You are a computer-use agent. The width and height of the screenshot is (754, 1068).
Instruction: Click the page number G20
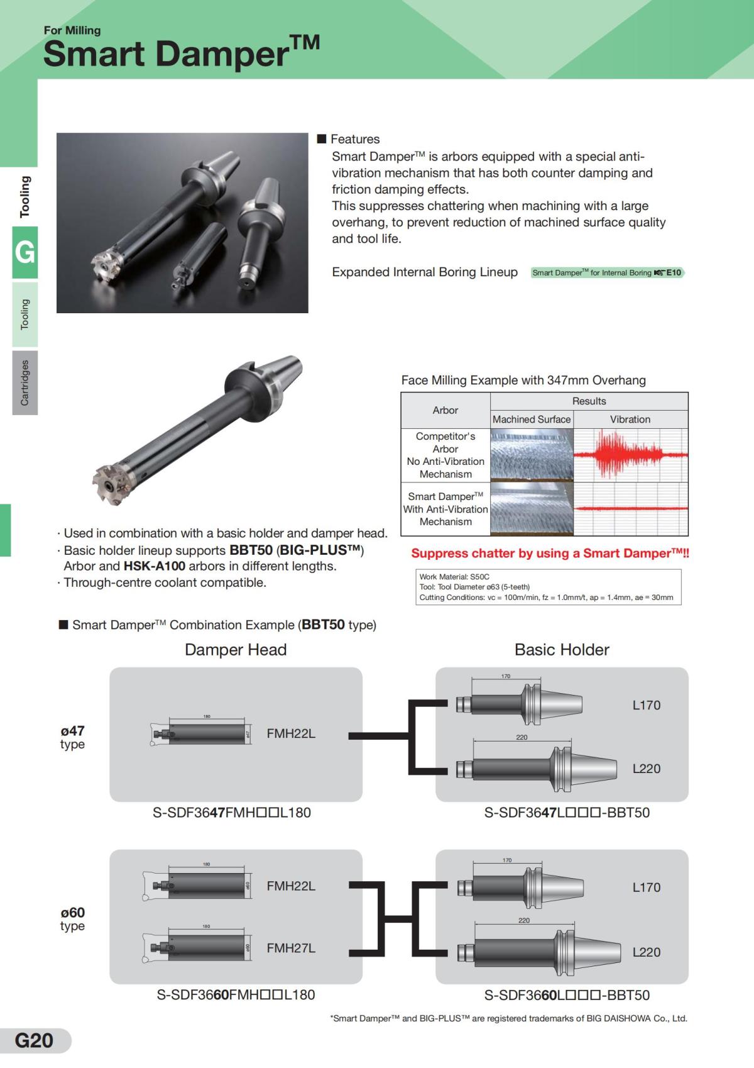tap(34, 1040)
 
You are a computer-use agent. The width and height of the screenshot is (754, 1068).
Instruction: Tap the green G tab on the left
tap(25, 252)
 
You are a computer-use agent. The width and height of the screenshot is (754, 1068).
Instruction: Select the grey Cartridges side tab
tap(25, 382)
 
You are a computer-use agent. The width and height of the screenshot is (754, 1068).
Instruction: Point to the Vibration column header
tap(630, 420)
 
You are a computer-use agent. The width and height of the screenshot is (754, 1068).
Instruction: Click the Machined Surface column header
tap(532, 420)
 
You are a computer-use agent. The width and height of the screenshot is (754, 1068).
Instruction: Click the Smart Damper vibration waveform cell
tap(630, 508)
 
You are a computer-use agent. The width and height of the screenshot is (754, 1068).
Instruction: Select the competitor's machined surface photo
tap(532, 455)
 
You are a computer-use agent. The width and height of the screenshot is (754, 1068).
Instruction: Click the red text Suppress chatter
tap(550, 553)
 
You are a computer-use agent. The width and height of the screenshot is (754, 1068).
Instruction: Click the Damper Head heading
tap(236, 650)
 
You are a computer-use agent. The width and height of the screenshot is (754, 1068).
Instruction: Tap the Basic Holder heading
tap(562, 650)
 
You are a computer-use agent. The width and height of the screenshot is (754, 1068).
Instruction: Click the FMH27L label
tap(291, 948)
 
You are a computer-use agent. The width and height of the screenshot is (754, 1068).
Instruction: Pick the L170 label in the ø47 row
tap(647, 705)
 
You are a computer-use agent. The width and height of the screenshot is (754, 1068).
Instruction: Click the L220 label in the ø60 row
tap(647, 952)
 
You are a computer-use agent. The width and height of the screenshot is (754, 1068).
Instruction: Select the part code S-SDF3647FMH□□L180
tap(232, 813)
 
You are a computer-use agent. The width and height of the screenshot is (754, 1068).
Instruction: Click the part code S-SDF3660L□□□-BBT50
tap(567, 995)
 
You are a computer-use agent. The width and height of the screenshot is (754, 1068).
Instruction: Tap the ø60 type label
tap(73, 918)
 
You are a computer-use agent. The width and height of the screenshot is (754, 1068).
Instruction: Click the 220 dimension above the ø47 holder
tap(522, 737)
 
